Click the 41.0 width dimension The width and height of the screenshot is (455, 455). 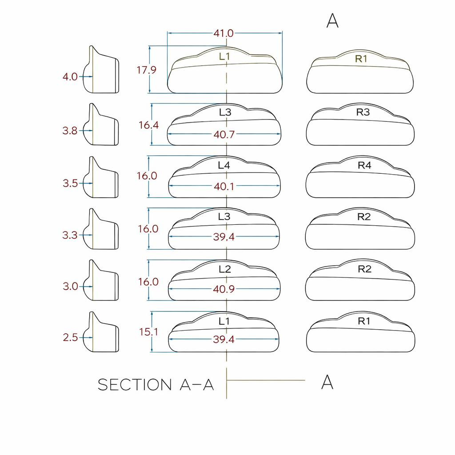[x=224, y=33]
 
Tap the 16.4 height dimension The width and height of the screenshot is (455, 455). [x=148, y=125]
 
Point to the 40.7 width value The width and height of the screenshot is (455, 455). [x=224, y=135]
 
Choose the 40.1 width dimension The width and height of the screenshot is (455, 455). [x=224, y=187]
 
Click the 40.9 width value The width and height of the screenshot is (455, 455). [x=224, y=289]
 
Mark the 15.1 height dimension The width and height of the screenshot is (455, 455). [x=148, y=332]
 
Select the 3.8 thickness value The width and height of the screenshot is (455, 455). [x=70, y=131]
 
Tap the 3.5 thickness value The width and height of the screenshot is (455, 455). [x=70, y=183]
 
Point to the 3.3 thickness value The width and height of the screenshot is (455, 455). [x=70, y=235]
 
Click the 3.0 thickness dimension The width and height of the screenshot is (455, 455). [x=70, y=287]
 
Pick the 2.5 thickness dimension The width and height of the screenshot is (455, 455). [x=70, y=338]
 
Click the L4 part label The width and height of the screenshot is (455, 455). [x=224, y=165]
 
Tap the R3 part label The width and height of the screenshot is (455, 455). [x=363, y=112]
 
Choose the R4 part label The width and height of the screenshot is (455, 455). [x=364, y=165]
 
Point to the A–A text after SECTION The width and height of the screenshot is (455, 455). [x=197, y=385]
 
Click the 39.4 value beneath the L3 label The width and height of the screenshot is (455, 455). [x=224, y=237]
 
